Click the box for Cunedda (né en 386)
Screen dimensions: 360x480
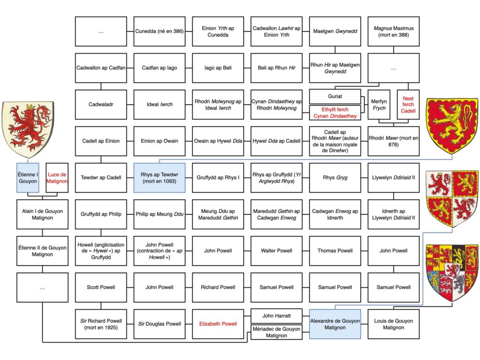[x=159, y=31]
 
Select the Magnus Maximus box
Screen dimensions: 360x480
[x=393, y=31]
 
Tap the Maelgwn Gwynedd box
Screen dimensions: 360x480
[x=335, y=31]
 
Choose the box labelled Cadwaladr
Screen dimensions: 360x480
[x=101, y=105]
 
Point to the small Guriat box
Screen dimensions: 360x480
[x=335, y=96]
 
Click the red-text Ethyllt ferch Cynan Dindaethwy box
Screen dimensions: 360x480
[x=335, y=112]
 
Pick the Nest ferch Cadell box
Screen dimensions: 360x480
[x=408, y=105]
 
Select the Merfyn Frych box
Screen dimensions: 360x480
[x=379, y=105]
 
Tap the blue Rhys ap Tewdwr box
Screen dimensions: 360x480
[x=159, y=178]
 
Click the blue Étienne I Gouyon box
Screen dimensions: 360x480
[x=28, y=178]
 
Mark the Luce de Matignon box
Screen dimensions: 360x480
[x=57, y=178]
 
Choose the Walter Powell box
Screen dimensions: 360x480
[x=277, y=251]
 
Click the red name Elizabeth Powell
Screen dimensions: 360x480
[x=218, y=324]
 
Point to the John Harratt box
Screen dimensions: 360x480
[x=277, y=316]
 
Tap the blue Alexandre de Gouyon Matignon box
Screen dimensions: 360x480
[x=335, y=324]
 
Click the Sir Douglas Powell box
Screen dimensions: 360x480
[x=159, y=324]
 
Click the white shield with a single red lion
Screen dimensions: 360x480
[x=28, y=128]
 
